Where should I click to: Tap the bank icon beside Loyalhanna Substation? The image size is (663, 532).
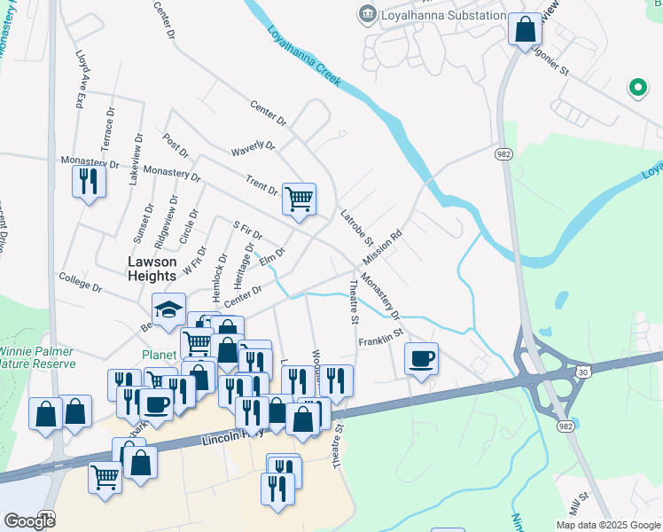(x=366, y=14)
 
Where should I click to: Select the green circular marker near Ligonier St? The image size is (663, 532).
(x=636, y=87)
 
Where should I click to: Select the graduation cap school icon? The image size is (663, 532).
(x=168, y=309)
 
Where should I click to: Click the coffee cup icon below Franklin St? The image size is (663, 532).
(x=422, y=358)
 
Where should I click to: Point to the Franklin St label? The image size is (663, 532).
(x=380, y=338)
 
